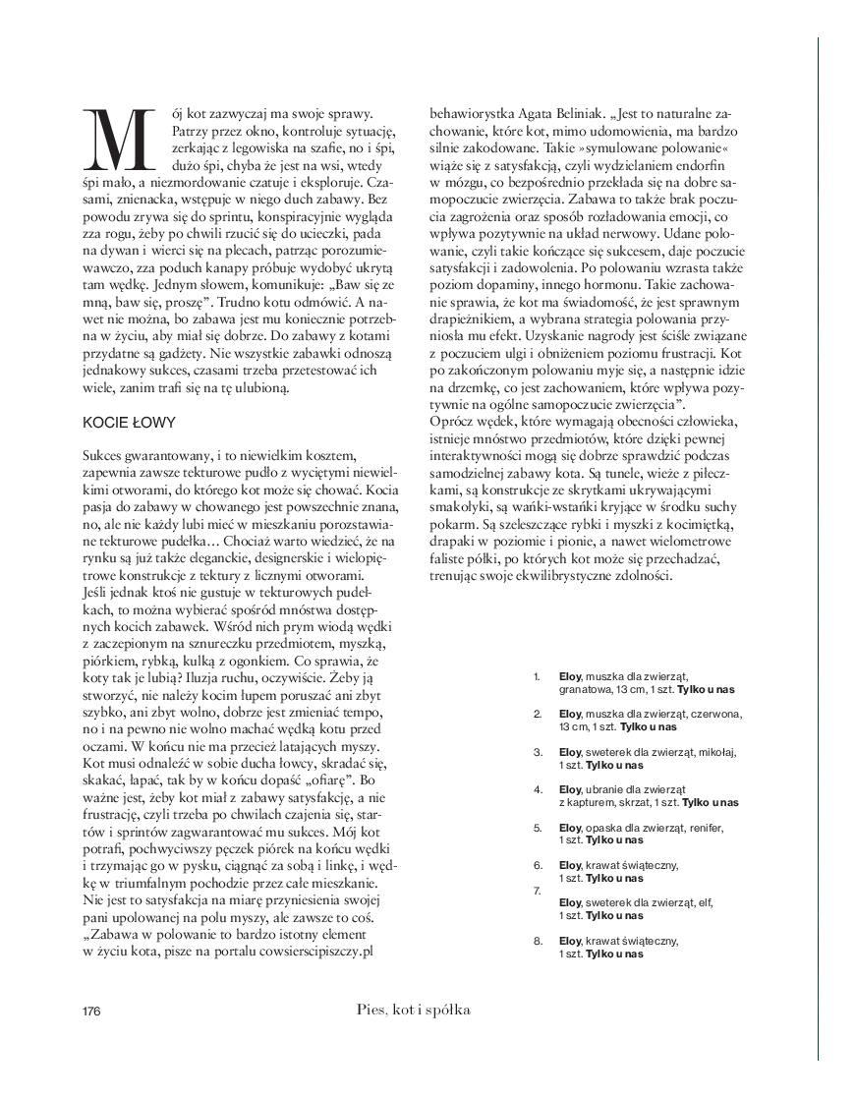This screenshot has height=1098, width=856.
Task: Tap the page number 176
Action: pyautogui.click(x=91, y=1011)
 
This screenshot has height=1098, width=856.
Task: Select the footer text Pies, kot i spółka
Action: pyautogui.click(x=414, y=1010)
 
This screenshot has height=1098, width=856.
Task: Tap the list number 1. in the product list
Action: pyautogui.click(x=537, y=676)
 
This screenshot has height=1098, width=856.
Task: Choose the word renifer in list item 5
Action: pyautogui.click(x=702, y=828)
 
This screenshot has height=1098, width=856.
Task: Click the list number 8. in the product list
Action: pyautogui.click(x=538, y=941)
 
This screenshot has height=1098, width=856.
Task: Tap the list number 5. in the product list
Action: pyautogui.click(x=538, y=828)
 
